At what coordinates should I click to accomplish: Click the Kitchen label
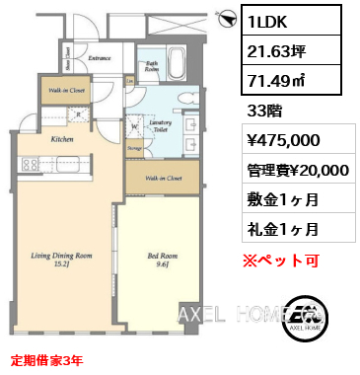tap(61, 141)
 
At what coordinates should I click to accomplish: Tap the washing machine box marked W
tap(135, 124)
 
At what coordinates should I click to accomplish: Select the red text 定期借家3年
tap(47, 360)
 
